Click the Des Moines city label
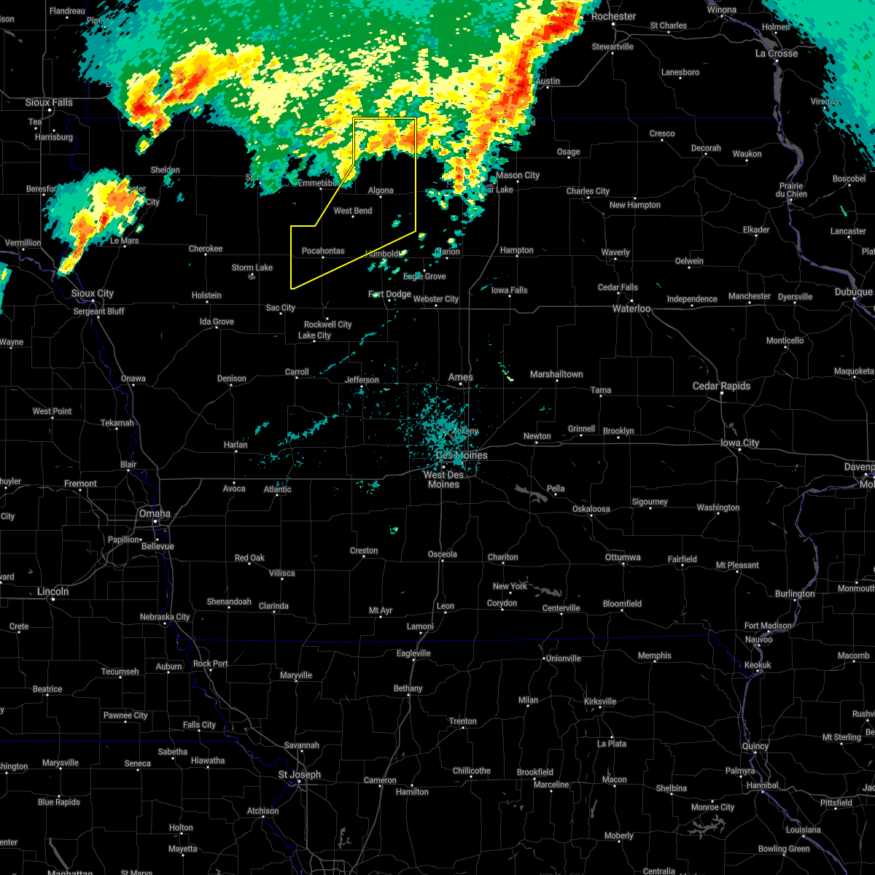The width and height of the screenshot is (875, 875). coord(462,455)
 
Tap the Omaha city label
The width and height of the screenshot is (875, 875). coord(155,513)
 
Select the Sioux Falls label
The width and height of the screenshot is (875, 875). coord(49,102)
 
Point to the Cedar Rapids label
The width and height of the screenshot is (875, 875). coord(720,386)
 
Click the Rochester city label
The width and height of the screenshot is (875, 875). coord(613,16)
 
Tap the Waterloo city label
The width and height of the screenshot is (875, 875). coord(631,308)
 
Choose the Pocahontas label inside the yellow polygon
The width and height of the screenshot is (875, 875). coord(323,251)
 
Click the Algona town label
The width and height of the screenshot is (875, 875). coord(381,190)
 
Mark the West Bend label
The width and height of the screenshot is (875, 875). coord(353,211)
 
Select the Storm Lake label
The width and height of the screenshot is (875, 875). coord(252,268)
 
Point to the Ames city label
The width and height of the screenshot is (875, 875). coord(461,377)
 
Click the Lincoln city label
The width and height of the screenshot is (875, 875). coord(52,591)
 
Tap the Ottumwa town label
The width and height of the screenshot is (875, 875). coord(623,557)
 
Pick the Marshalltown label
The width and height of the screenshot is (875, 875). coord(556,374)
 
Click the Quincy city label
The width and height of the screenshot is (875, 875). coord(755,746)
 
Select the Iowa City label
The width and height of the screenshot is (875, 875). coord(739,443)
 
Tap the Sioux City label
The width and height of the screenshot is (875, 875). coord(93,293)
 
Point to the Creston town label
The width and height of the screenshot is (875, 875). coord(364,551)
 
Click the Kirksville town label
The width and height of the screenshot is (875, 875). coord(599,701)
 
